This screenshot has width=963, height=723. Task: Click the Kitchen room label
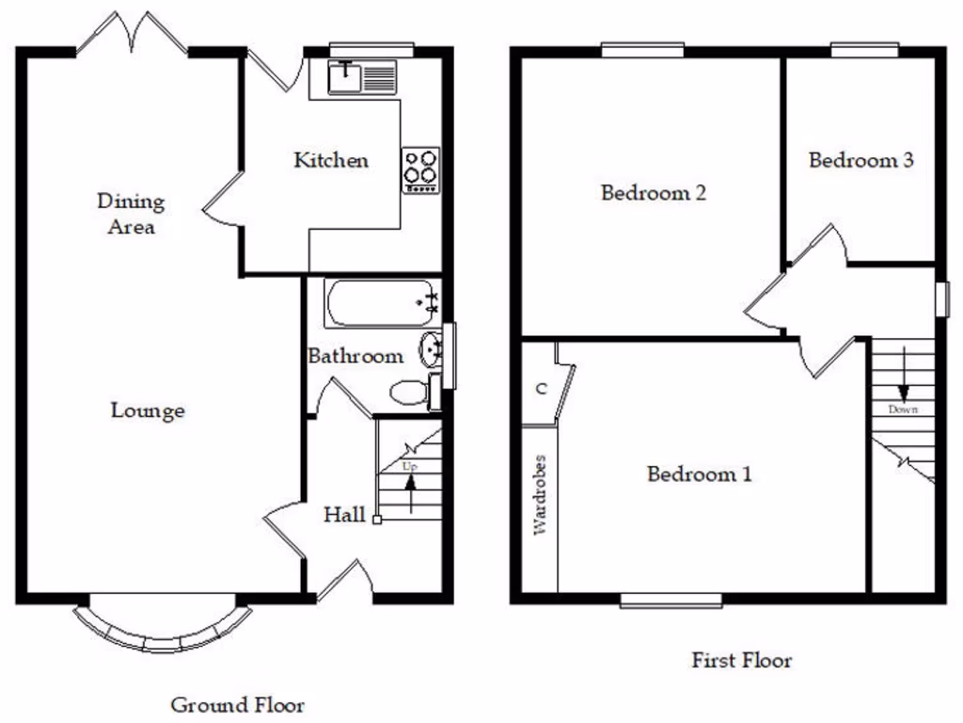pyautogui.click(x=331, y=160)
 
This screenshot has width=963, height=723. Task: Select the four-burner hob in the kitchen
pyautogui.click(x=420, y=169)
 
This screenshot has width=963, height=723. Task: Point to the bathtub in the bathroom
pyautogui.click(x=381, y=303)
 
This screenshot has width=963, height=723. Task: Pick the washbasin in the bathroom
pyautogui.click(x=432, y=349)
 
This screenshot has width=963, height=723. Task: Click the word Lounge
pyautogui.click(x=148, y=410)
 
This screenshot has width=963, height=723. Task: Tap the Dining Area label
pyautogui.click(x=131, y=214)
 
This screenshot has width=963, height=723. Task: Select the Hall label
pyautogui.click(x=345, y=515)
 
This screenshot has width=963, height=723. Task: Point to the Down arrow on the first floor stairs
pyautogui.click(x=903, y=377)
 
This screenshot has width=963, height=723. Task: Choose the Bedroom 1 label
pyautogui.click(x=699, y=474)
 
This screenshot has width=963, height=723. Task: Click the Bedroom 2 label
pyautogui.click(x=654, y=193)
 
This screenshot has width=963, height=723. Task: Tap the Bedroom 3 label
pyautogui.click(x=860, y=160)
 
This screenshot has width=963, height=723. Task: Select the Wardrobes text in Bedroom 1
pyautogui.click(x=540, y=495)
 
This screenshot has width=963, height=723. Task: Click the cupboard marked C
pyautogui.click(x=541, y=388)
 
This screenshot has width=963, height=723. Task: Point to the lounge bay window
pyautogui.click(x=164, y=630)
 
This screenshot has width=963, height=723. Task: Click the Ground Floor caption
pyautogui.click(x=237, y=704)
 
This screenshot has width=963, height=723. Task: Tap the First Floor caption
pyautogui.click(x=742, y=660)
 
